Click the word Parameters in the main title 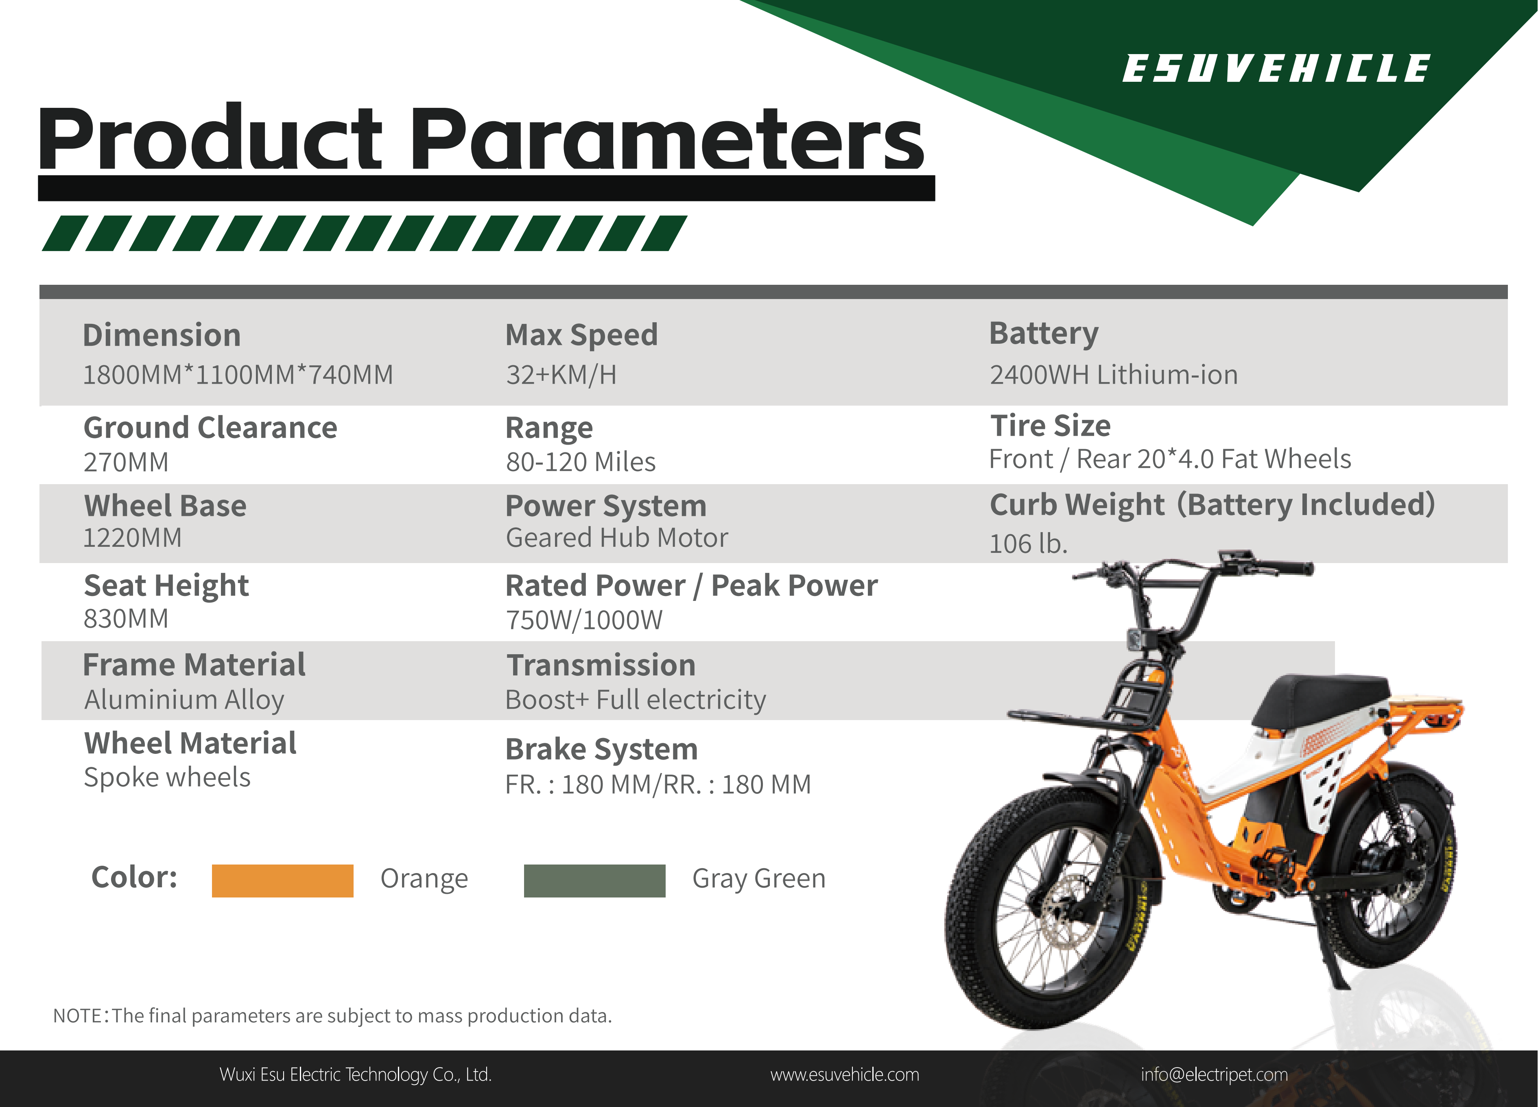666,139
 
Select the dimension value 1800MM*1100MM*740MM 237,374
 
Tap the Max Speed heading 581,335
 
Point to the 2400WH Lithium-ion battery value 1113,374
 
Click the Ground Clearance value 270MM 126,462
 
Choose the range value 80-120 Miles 581,462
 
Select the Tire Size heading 1051,426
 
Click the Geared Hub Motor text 616,537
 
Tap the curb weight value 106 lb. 1028,544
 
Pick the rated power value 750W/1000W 584,620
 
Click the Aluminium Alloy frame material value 184,700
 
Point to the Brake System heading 601,749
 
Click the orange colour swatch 282,880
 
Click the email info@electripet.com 1214,1074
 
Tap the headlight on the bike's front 1136,639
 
